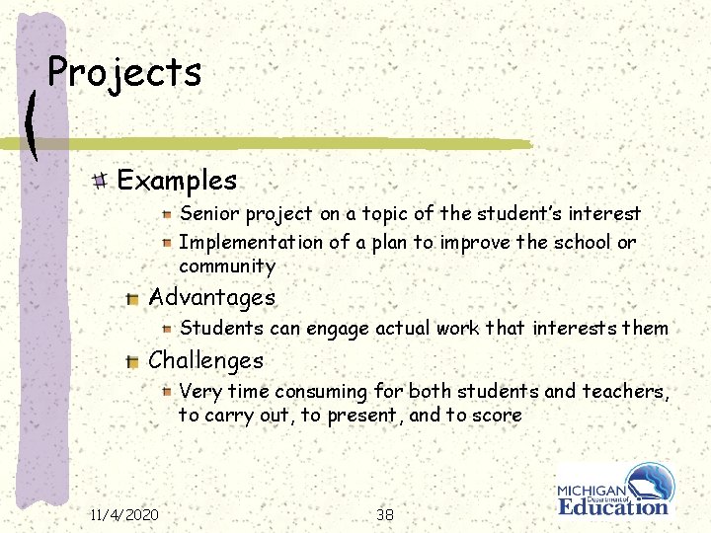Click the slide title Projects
[x=124, y=72]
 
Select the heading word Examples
[x=177, y=181]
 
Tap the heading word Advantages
[x=211, y=297]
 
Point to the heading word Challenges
[x=205, y=361]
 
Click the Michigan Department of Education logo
[x=614, y=489]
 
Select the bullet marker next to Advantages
[x=132, y=298]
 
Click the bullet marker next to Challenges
[x=132, y=362]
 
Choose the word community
[x=226, y=266]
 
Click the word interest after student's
[x=602, y=213]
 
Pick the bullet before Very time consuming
[x=168, y=392]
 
